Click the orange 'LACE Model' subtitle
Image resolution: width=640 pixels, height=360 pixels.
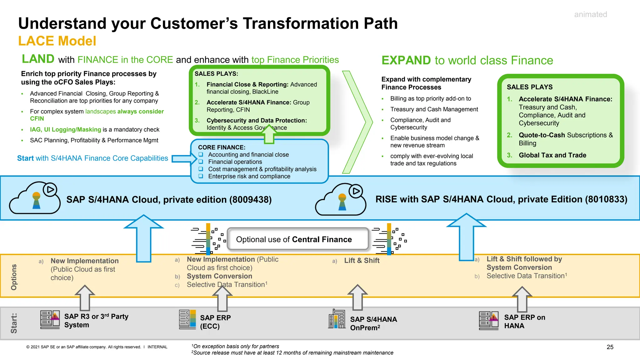57,41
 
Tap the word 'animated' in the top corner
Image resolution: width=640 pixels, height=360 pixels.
590,14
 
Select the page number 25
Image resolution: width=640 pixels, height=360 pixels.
610,347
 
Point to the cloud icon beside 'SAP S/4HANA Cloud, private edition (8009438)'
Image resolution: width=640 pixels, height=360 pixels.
35,198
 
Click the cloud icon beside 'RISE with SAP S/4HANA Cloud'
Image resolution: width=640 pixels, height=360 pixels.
341,200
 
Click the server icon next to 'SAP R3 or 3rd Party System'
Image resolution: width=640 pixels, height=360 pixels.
50,319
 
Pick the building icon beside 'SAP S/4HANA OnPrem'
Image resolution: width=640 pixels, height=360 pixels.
337,319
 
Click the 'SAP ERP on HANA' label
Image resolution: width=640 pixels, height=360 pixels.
524,322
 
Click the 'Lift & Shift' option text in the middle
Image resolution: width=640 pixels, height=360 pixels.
362,261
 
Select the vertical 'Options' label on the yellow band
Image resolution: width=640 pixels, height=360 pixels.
14,277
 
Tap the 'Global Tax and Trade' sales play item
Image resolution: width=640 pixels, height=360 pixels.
552,155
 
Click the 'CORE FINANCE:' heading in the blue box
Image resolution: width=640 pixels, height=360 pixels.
222,147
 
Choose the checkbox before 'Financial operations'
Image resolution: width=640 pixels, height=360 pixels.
201,162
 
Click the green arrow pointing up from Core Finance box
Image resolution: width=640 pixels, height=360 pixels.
269,134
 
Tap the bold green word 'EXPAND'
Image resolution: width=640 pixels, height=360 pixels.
406,60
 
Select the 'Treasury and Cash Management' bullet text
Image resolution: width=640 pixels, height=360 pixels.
434,109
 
